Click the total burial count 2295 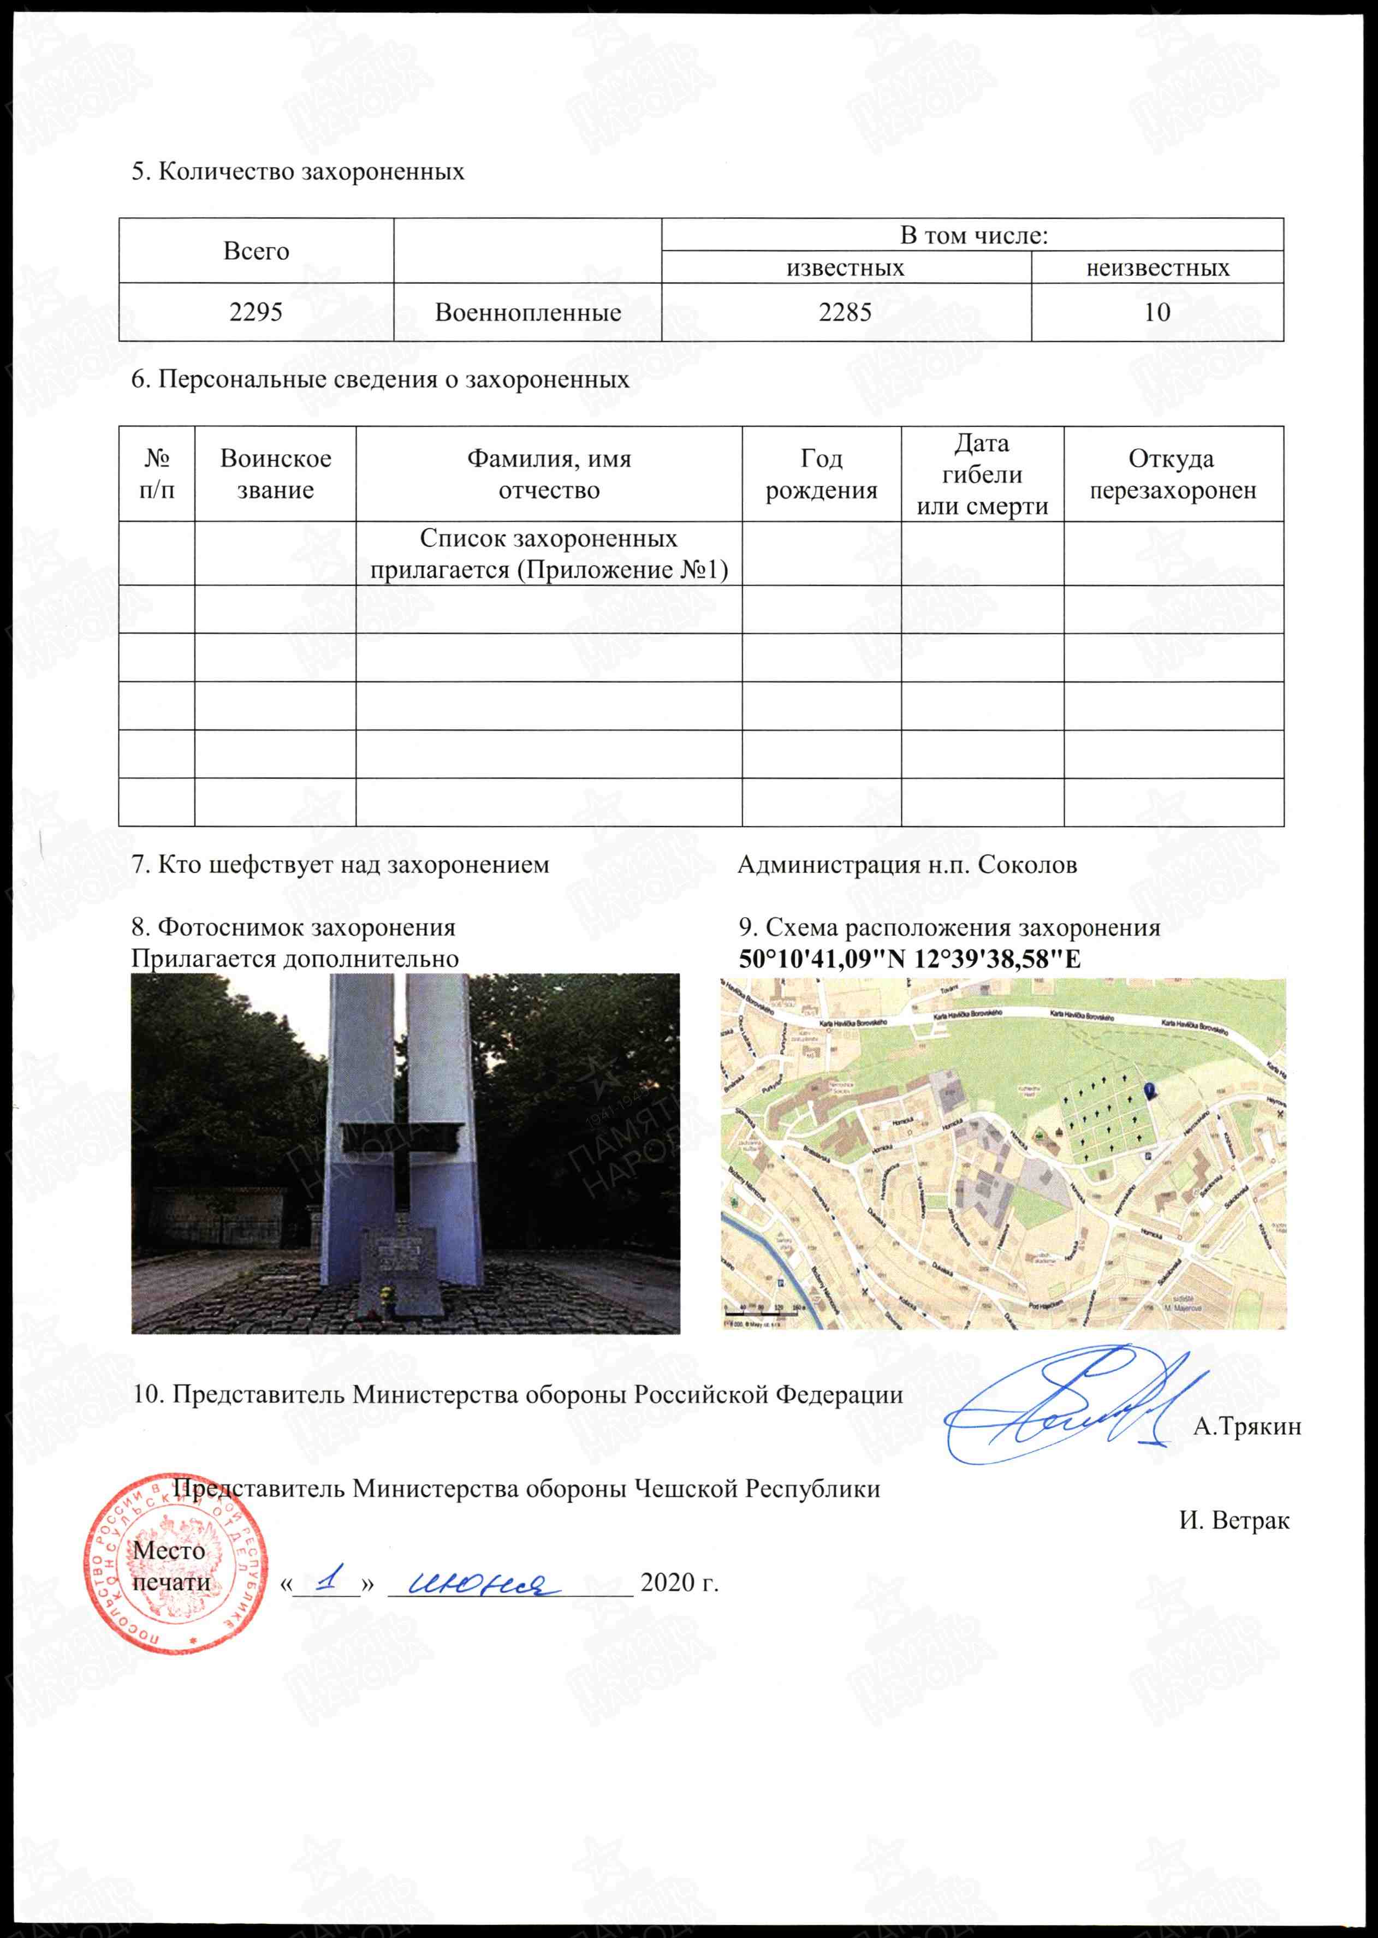coord(256,312)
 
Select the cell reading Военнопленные coord(528,312)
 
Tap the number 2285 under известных coord(845,312)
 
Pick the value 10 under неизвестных coord(1157,312)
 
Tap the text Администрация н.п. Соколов coord(907,865)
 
